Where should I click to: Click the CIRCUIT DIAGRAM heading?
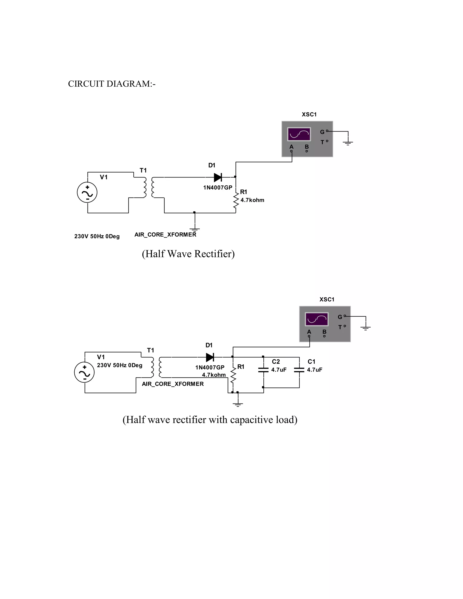point(112,84)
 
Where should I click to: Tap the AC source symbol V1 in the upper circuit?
point(87,193)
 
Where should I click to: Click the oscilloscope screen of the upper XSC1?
point(299,134)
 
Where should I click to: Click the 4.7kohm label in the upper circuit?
point(252,200)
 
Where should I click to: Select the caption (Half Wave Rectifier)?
point(188,254)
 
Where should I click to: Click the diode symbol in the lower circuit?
point(210,357)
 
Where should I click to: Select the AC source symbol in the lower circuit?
point(85,373)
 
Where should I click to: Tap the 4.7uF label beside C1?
point(315,370)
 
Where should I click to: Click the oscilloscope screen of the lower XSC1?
point(317,319)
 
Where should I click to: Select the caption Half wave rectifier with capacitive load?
point(210,420)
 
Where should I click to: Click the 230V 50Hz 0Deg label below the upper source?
point(97,236)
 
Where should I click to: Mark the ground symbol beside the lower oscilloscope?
point(366,327)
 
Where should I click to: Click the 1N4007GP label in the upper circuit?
point(217,188)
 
